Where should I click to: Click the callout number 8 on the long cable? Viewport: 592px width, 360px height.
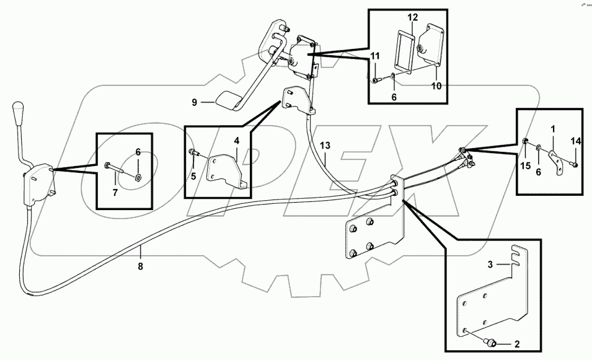(141, 266)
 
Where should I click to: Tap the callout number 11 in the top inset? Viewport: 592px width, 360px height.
(375, 57)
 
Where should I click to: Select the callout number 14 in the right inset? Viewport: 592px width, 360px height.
(576, 142)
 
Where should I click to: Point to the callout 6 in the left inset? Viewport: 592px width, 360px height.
(138, 151)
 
